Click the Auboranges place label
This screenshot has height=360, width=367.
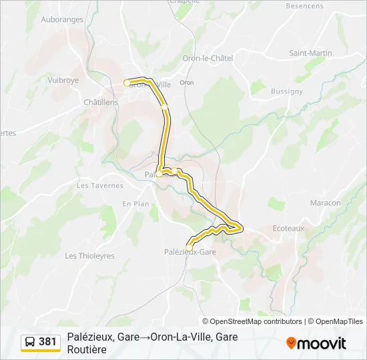pyautogui.click(x=62, y=20)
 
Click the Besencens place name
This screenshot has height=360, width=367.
pyautogui.click(x=304, y=6)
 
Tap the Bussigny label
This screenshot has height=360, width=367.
pyautogui.click(x=288, y=91)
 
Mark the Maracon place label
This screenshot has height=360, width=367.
pyautogui.click(x=325, y=203)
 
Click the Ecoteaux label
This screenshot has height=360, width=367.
pyautogui.click(x=288, y=229)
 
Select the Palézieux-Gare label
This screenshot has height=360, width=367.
pyautogui.click(x=190, y=252)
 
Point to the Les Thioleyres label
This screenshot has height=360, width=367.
pyautogui.click(x=89, y=256)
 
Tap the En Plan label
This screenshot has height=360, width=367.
pyautogui.click(x=135, y=204)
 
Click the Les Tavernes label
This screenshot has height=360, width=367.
pyautogui.click(x=100, y=185)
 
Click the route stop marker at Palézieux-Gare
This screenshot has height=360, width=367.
pyautogui.click(x=190, y=247)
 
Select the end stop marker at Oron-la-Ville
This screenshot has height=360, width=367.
pyautogui.click(x=127, y=83)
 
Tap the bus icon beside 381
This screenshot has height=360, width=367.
pyautogui.click(x=30, y=342)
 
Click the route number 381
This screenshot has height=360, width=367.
pyautogui.click(x=48, y=342)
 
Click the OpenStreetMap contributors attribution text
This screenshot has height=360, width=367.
pyautogui.click(x=256, y=321)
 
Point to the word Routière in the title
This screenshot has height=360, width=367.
pyautogui.click(x=87, y=349)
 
